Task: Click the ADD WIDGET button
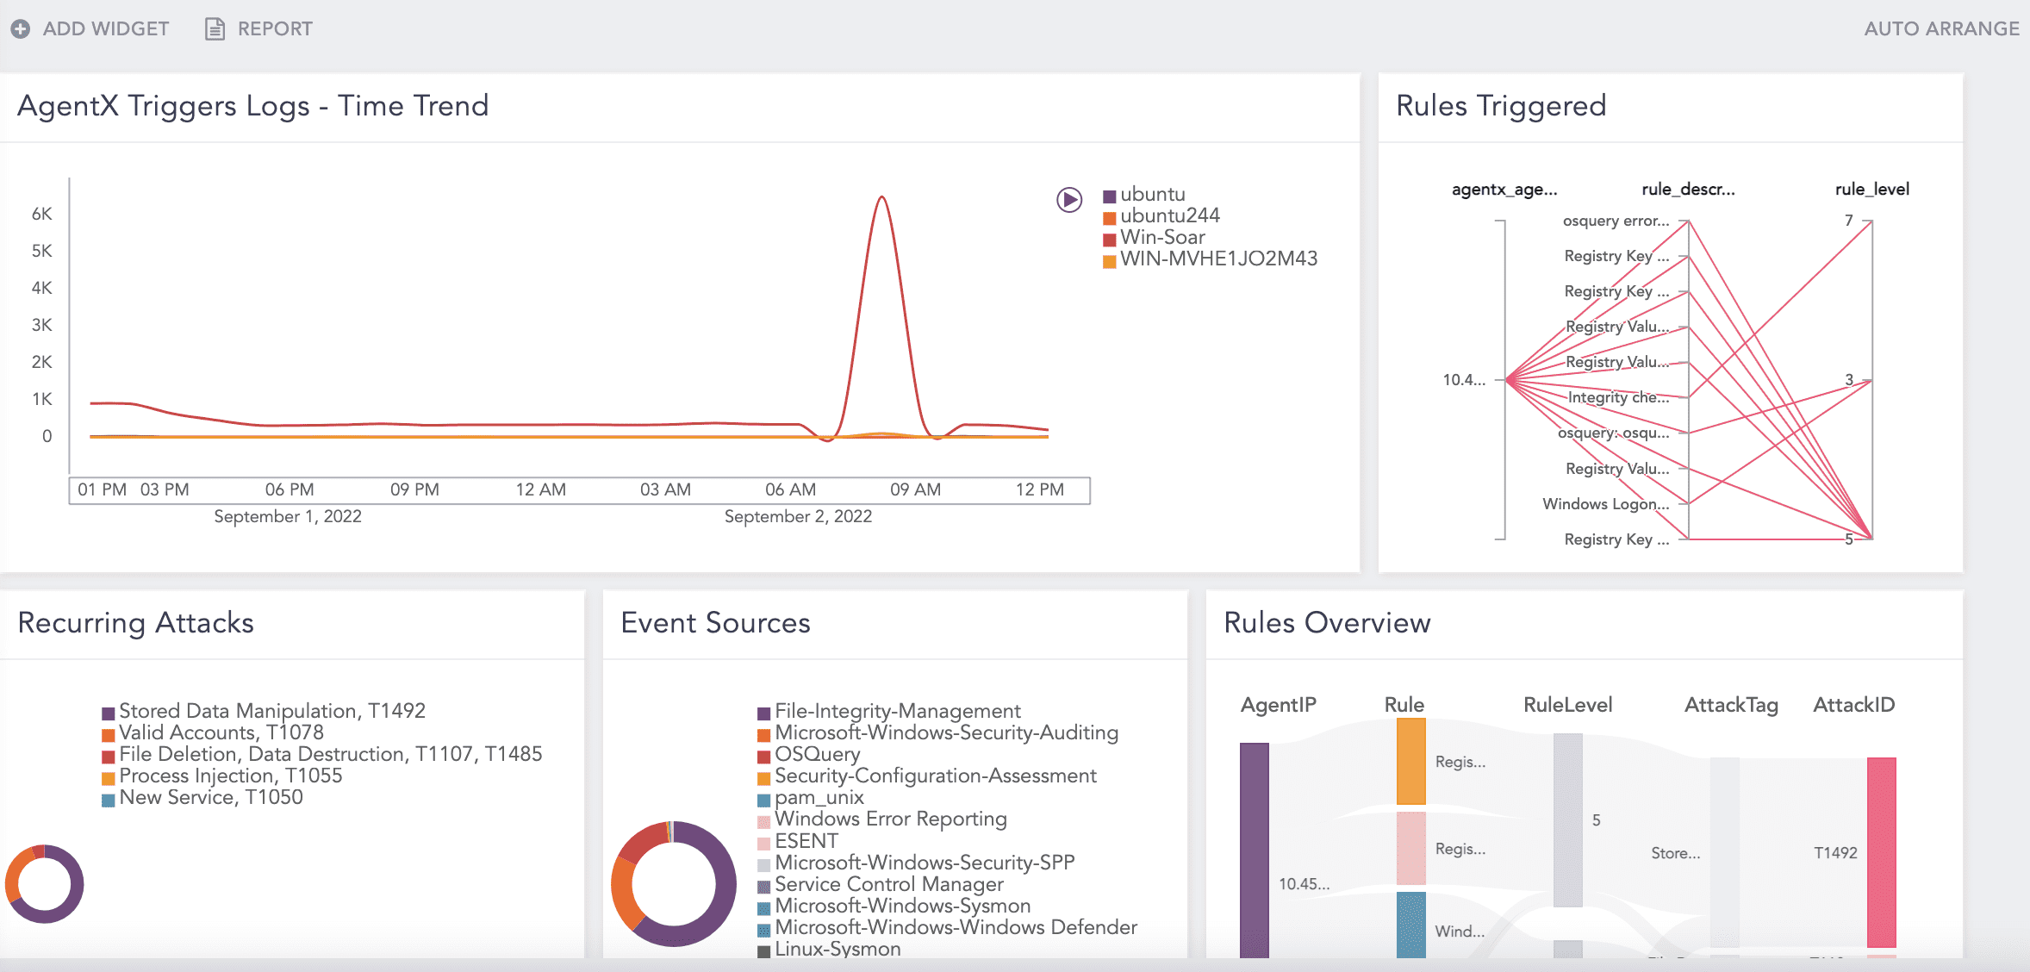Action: click(90, 28)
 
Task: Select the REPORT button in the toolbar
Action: click(259, 28)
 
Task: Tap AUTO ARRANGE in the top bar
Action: click(1941, 28)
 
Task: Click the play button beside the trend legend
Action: click(1069, 200)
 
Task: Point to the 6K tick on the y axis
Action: click(42, 214)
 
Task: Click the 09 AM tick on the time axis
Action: click(915, 489)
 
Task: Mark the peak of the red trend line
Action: click(881, 197)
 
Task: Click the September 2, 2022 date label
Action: click(798, 516)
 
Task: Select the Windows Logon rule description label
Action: click(1605, 504)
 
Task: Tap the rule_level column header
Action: click(1871, 190)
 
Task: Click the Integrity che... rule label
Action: click(1618, 397)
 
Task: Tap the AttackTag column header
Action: click(1731, 705)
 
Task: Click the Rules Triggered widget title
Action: click(1501, 106)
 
